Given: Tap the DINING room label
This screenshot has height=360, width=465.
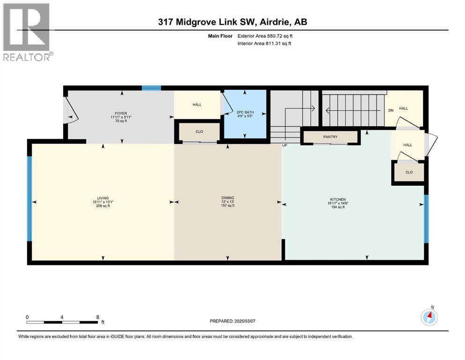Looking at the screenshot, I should coord(228,198).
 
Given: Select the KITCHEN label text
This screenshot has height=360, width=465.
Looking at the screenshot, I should coord(337,200).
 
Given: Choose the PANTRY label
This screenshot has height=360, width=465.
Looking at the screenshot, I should coord(330,137).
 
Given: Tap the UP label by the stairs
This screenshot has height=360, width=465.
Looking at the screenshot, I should coord(284,146).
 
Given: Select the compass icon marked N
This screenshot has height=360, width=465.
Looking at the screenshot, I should coord(429,317).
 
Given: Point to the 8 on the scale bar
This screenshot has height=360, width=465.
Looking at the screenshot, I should coord(97,317).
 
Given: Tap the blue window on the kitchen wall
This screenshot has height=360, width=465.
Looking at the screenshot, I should coord(426,219).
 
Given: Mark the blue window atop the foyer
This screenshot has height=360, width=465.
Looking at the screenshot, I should coord(151,88).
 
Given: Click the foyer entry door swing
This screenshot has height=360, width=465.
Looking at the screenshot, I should coord(68,110).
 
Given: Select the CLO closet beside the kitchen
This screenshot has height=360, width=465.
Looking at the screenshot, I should coord(409,172).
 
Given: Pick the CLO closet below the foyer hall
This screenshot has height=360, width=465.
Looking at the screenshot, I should coord(199,132).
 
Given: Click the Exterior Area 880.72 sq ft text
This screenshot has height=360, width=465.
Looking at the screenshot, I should coord(266,36).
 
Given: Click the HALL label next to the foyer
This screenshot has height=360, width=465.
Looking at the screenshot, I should coord(197,105).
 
